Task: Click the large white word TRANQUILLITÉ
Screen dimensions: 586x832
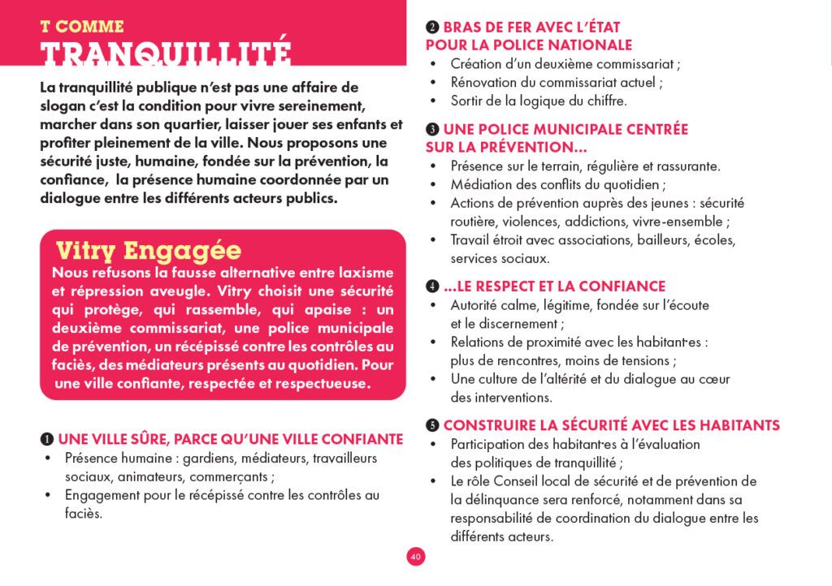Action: pyautogui.click(x=165, y=54)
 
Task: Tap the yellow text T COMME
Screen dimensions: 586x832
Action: pyautogui.click(x=82, y=26)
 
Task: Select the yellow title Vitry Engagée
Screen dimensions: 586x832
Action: pyautogui.click(x=148, y=249)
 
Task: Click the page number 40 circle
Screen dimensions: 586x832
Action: pyautogui.click(x=415, y=557)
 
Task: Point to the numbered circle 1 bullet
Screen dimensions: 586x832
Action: pyautogui.click(x=47, y=439)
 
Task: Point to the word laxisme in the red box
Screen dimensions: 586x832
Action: pyautogui.click(x=357, y=272)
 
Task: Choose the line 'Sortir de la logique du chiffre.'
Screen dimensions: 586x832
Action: pyautogui.click(x=539, y=101)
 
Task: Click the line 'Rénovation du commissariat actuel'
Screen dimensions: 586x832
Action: pyautogui.click(x=557, y=82)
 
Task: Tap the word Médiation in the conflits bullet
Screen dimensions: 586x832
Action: pyautogui.click(x=480, y=184)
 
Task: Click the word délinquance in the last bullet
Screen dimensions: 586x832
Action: pyautogui.click(x=498, y=500)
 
